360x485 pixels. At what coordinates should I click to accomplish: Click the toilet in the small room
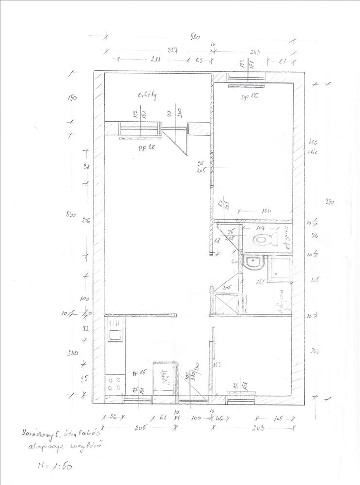coord(265,239)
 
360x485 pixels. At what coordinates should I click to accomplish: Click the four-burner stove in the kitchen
coord(114,384)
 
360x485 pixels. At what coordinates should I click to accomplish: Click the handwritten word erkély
coord(147,96)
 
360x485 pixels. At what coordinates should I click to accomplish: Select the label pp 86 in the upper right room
coord(251,97)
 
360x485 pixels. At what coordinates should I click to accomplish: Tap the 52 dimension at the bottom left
coord(114,416)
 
